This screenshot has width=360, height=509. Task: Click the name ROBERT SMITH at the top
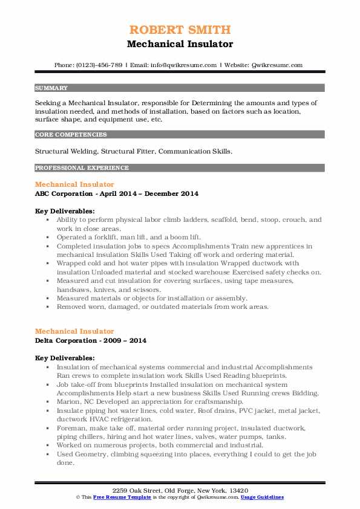point(180,30)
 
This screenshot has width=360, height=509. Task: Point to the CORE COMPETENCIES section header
point(71,135)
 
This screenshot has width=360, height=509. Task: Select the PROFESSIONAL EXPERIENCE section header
point(82,167)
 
